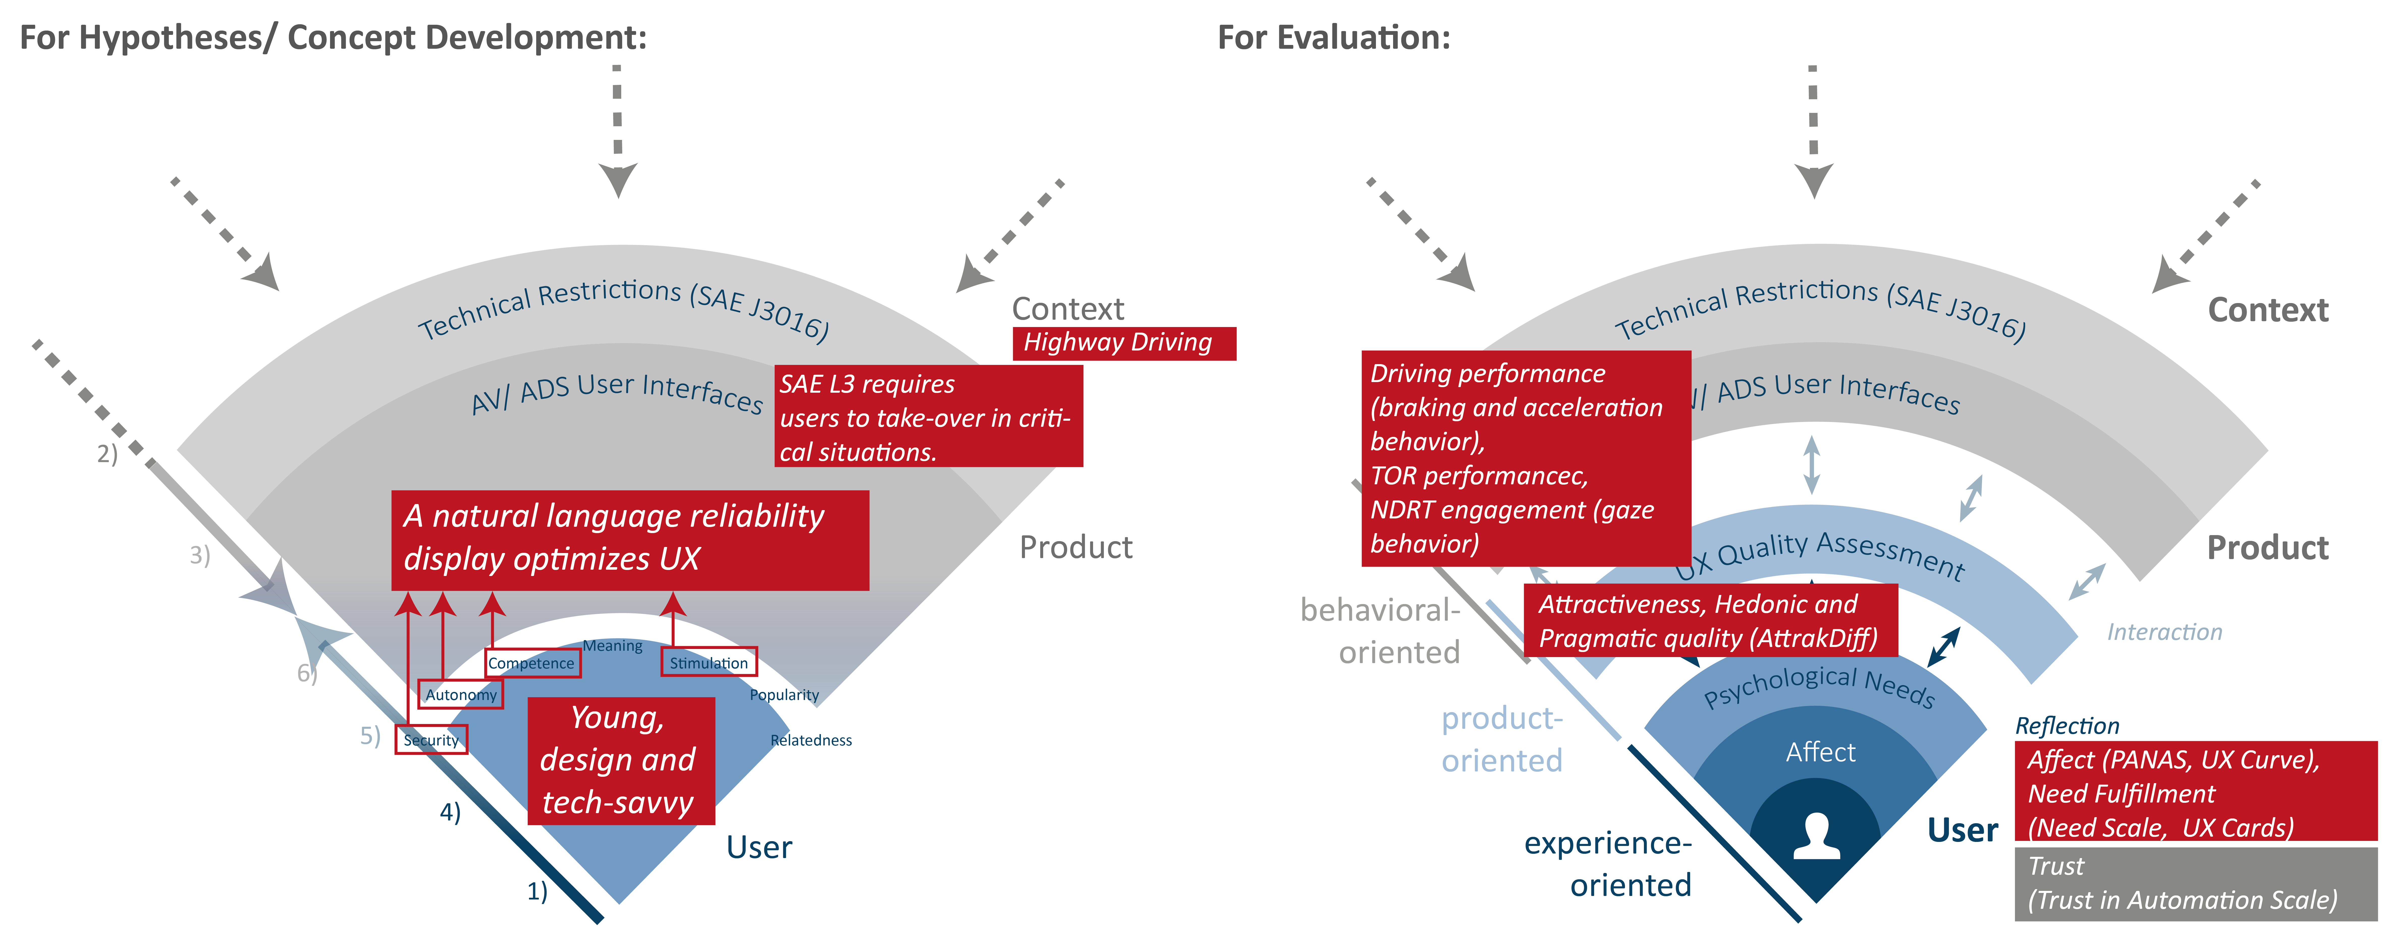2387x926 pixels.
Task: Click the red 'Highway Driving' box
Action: click(x=1123, y=343)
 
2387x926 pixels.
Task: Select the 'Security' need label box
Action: click(x=431, y=740)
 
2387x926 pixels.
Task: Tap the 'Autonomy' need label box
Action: click(x=460, y=694)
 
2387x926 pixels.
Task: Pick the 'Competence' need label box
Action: click(x=532, y=663)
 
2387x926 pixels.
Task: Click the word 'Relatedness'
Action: click(x=811, y=740)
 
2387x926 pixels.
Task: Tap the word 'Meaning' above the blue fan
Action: click(x=612, y=646)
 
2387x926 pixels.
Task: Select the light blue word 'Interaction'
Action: click(x=2164, y=632)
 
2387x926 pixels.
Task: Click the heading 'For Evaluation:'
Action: click(x=1334, y=38)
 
